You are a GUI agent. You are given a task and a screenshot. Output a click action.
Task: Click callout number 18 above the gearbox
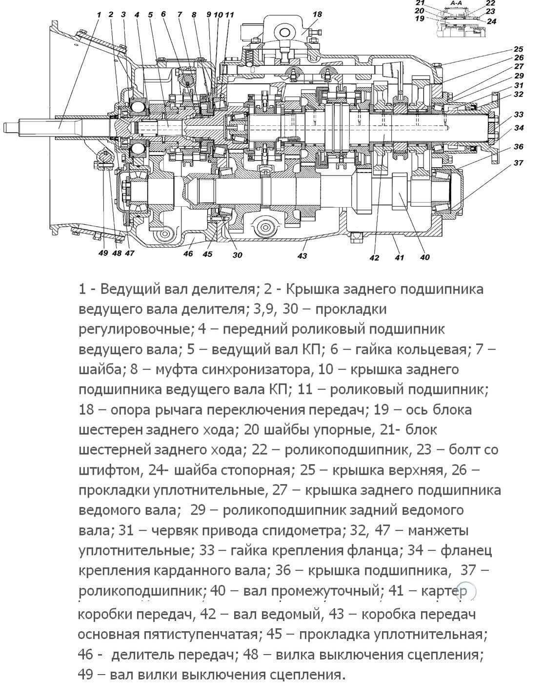click(317, 14)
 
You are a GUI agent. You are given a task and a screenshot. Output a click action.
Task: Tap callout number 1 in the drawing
click(99, 15)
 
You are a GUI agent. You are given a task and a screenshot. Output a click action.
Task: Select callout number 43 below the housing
click(302, 256)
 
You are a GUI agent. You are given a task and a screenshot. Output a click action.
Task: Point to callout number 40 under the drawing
click(424, 257)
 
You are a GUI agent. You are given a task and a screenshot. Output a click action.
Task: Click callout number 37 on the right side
click(519, 163)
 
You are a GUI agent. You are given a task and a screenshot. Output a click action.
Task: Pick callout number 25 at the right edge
click(519, 49)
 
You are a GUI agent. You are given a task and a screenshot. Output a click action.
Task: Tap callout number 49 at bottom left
click(103, 253)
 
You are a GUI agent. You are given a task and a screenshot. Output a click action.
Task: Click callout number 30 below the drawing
click(238, 255)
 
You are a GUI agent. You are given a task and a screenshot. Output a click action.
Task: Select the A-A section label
click(456, 3)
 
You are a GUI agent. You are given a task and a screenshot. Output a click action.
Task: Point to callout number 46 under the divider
click(188, 253)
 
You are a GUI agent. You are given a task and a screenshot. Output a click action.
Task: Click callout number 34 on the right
click(519, 128)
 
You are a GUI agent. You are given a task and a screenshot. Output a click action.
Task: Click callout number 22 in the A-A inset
click(490, 3)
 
